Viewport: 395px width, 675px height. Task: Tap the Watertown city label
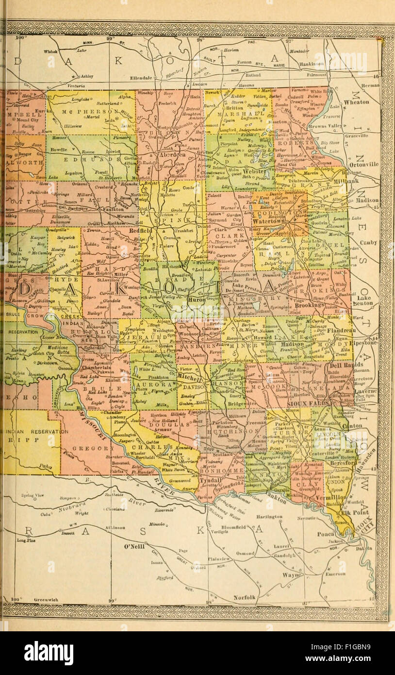coord(270,219)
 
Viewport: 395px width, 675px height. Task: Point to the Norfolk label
coord(244,597)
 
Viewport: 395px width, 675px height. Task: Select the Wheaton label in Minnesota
coord(356,102)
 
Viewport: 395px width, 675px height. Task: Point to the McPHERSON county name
coord(90,112)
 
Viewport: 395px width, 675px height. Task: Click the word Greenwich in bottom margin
coord(47,600)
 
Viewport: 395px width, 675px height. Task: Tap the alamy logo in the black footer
coord(49,653)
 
